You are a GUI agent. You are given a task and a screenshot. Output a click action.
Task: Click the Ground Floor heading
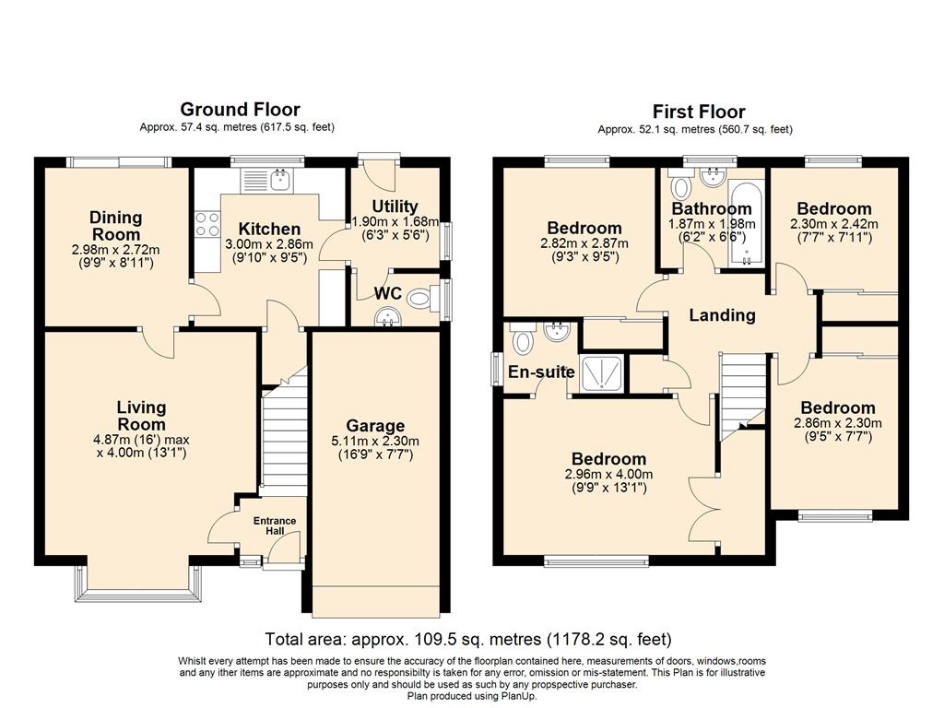pos(240,110)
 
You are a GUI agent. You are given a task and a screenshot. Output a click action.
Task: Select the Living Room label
pos(141,416)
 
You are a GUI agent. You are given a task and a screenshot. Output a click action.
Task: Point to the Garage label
pos(375,425)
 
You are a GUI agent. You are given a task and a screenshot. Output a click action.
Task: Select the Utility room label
pos(395,206)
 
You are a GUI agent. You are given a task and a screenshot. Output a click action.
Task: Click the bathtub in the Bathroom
pos(743,220)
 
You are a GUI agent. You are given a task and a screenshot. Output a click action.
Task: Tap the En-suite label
pos(542,372)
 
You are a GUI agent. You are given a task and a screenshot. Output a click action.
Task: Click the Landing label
pos(723,315)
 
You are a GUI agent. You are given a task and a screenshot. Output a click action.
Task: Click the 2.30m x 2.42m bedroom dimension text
pos(834,223)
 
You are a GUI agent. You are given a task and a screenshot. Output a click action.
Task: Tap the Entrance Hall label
pos(275,526)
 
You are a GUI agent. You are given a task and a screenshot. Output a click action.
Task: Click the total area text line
pos(468,639)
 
